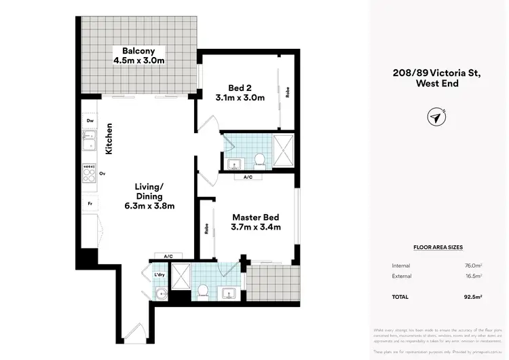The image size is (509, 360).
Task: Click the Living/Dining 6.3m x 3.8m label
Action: (149, 196)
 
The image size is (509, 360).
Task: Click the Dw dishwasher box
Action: (90, 122)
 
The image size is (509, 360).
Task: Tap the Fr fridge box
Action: (89, 203)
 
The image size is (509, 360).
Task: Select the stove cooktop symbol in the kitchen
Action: (89, 173)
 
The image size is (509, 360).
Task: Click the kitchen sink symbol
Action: (89, 142)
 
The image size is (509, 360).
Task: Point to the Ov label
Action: (102, 174)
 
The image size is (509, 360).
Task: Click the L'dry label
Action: (159, 274)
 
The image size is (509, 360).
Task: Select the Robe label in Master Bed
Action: (205, 230)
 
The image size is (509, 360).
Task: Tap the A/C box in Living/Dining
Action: (168, 255)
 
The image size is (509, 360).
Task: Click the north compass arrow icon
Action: (434, 117)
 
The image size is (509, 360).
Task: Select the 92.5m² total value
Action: (483, 297)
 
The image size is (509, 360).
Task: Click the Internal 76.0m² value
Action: (483, 266)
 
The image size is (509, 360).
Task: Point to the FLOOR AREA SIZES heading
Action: (438, 248)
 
